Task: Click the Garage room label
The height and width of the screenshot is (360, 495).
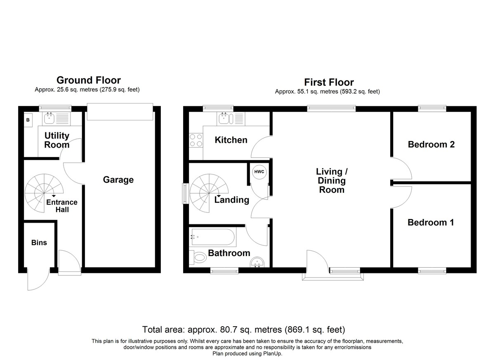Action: [118, 180]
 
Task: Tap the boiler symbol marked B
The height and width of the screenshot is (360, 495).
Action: [28, 120]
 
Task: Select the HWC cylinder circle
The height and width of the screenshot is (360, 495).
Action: [259, 172]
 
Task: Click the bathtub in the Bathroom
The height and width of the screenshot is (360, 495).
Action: [213, 237]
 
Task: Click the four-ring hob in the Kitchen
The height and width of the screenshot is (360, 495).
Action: [196, 140]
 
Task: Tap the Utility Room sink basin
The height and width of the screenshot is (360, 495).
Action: [48, 119]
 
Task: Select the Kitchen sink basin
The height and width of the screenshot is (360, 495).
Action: [224, 119]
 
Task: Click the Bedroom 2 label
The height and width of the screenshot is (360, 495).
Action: [431, 144]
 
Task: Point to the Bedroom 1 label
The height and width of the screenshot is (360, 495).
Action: [431, 222]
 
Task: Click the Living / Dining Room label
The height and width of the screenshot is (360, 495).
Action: [332, 181]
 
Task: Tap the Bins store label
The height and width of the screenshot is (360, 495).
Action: [39, 242]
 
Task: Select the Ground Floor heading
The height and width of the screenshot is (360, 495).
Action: [89, 80]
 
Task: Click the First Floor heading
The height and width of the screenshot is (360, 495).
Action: [329, 82]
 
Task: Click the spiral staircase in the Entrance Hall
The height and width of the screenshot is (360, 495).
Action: [44, 193]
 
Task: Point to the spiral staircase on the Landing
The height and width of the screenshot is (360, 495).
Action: [209, 193]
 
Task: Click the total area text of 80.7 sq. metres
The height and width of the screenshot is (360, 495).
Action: [243, 329]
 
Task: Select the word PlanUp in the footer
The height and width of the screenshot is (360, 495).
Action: [273, 353]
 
